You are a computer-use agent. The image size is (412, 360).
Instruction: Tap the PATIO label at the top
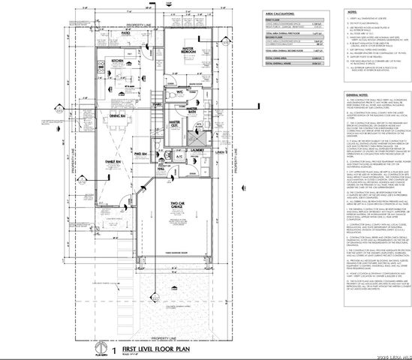[x=125, y=34]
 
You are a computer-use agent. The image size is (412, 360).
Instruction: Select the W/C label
[x=192, y=93]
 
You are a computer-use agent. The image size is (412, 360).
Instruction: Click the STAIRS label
[x=158, y=104]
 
